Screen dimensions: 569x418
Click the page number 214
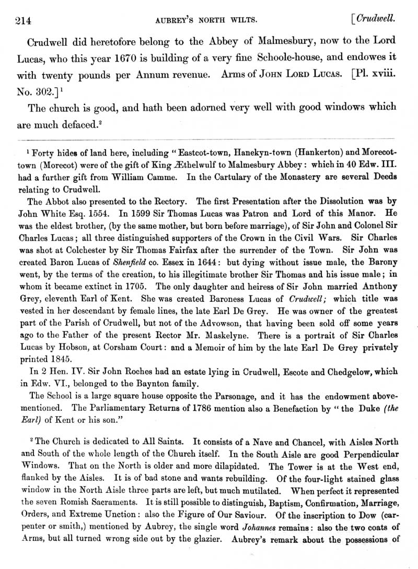19,20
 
